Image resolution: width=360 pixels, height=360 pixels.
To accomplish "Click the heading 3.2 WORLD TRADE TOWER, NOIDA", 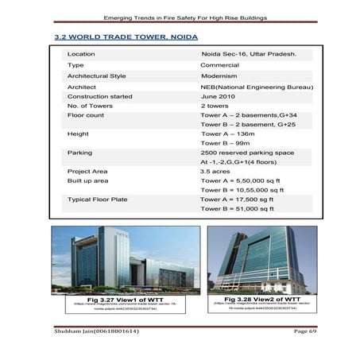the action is pos(126,37).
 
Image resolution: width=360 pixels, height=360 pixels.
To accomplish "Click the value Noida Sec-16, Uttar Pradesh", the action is pos(247,54).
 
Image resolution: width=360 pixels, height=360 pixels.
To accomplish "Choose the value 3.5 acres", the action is pos(215,171).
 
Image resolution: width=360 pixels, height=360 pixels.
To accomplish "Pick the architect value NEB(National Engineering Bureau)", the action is pos(257,86).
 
